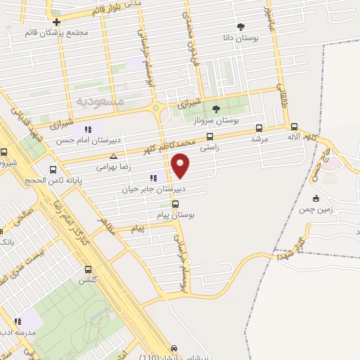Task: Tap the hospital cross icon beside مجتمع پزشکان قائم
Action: (56, 22)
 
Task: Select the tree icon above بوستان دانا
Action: (241, 26)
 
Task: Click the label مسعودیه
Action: (98, 102)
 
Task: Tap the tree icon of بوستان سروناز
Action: (216, 109)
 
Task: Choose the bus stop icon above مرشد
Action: (259, 128)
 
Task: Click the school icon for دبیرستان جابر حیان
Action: (153, 178)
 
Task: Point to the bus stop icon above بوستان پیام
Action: (175, 205)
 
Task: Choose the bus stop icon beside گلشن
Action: (88, 269)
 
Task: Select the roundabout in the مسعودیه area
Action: (155, 108)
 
